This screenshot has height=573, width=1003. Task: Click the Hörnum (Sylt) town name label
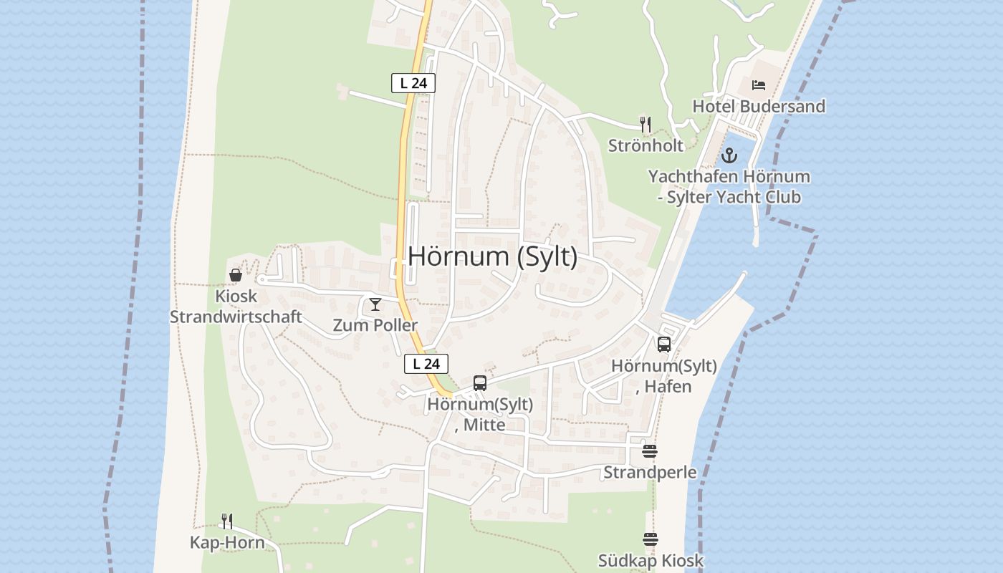[x=493, y=256]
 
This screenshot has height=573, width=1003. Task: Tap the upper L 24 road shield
[x=413, y=83]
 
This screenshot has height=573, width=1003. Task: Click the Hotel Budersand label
[x=759, y=106]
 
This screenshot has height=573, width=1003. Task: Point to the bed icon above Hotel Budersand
[x=759, y=85]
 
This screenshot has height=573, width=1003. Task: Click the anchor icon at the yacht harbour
[x=729, y=155]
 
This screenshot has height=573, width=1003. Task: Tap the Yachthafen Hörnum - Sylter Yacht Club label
[x=729, y=186]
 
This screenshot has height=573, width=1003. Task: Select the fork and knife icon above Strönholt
[x=646, y=124]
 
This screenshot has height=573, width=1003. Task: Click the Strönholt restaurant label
[x=646, y=145]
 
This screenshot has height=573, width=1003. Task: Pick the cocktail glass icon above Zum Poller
[x=375, y=304]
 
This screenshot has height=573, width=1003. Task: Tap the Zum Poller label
[x=375, y=325]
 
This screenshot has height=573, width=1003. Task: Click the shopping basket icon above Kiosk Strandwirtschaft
[x=236, y=274]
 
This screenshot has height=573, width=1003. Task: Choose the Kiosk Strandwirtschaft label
[x=236, y=306]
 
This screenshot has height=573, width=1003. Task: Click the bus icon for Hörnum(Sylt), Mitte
[x=480, y=383]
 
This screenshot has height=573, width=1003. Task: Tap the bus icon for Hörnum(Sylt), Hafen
[x=664, y=345]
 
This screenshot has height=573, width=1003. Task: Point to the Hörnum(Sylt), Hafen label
[x=664, y=376]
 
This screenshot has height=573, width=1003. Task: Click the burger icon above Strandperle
[x=650, y=451]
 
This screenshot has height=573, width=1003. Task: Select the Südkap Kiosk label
[x=651, y=560]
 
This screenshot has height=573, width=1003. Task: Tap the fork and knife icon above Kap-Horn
[x=226, y=521]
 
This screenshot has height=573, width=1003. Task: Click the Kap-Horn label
[x=226, y=542]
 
